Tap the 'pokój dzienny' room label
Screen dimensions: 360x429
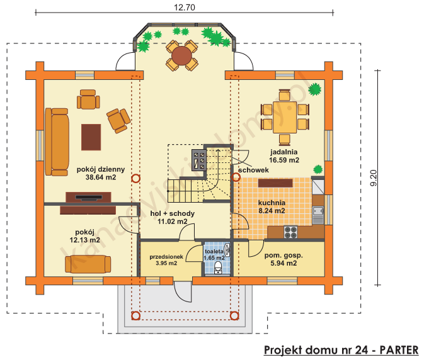pyautogui.click(x=101, y=169)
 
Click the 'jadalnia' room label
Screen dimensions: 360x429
pyautogui.click(x=284, y=152)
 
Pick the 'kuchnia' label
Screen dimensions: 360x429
pyautogui.click(x=272, y=203)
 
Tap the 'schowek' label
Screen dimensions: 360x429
pyautogui.click(x=254, y=171)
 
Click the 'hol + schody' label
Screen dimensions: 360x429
pyautogui.click(x=172, y=214)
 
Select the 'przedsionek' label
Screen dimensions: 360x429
pyautogui.click(x=166, y=257)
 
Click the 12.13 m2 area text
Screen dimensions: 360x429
pyautogui.click(x=84, y=240)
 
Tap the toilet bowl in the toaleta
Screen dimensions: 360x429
pyautogui.click(x=218, y=269)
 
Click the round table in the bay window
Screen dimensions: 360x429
pyautogui.click(x=182, y=57)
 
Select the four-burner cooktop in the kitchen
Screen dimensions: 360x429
pyautogui.click(x=291, y=232)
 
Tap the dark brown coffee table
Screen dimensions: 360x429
pyautogui.click(x=91, y=137)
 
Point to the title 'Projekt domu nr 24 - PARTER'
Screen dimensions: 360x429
pyautogui.click(x=341, y=350)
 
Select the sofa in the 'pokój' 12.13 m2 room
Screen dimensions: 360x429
pyautogui.click(x=88, y=264)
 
